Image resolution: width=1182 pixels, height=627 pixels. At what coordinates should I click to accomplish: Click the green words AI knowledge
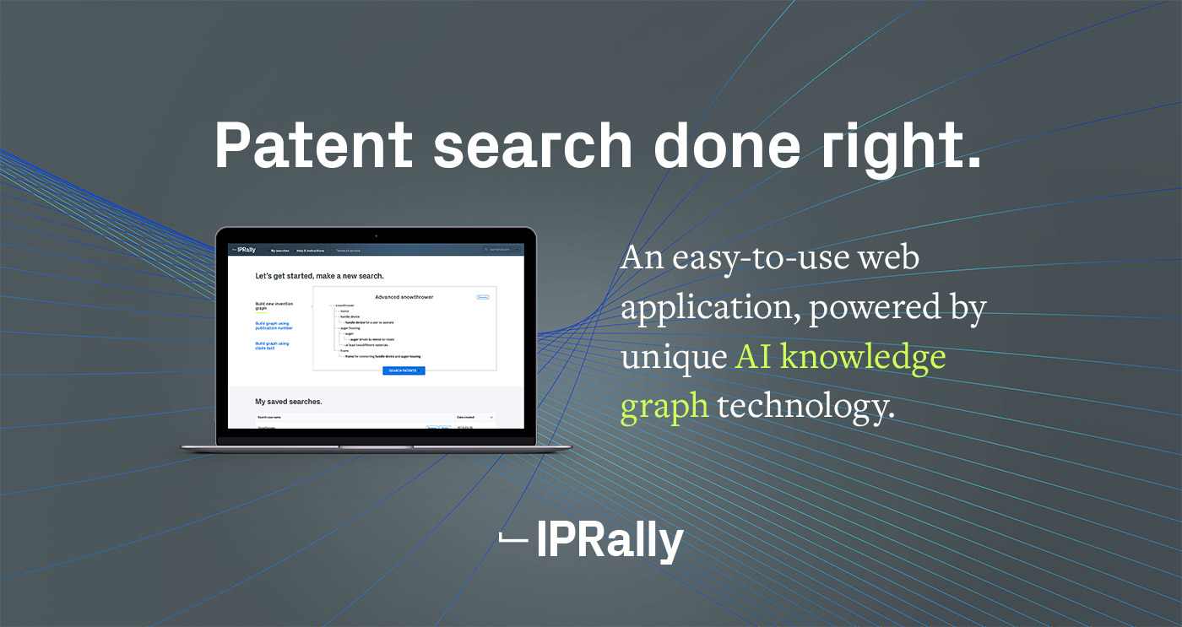pyautogui.click(x=841, y=356)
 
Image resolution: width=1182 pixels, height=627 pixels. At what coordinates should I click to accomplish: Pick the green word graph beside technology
pyautogui.click(x=664, y=406)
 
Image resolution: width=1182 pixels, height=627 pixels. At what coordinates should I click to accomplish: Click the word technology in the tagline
pyautogui.click(x=805, y=406)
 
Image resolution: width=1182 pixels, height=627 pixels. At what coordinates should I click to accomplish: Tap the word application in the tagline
pyautogui.click(x=710, y=308)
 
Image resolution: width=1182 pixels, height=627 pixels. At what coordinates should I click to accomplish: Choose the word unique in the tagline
pyautogui.click(x=673, y=356)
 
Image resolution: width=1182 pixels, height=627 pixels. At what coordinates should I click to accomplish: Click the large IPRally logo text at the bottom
pyautogui.click(x=610, y=541)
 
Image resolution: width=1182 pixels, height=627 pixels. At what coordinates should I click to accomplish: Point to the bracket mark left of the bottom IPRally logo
pyautogui.click(x=512, y=538)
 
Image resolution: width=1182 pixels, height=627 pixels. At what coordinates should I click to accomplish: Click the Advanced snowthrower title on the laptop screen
pyautogui.click(x=404, y=297)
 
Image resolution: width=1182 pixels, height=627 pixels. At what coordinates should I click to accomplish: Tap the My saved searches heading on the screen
pyautogui.click(x=289, y=402)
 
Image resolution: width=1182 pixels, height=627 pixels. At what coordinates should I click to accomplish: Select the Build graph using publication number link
pyautogui.click(x=274, y=325)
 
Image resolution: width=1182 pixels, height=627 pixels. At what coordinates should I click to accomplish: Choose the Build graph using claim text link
pyautogui.click(x=272, y=345)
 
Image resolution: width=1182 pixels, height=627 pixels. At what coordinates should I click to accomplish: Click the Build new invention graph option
pyautogui.click(x=273, y=305)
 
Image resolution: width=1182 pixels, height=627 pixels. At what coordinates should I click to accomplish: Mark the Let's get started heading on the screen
pyautogui.click(x=319, y=276)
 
